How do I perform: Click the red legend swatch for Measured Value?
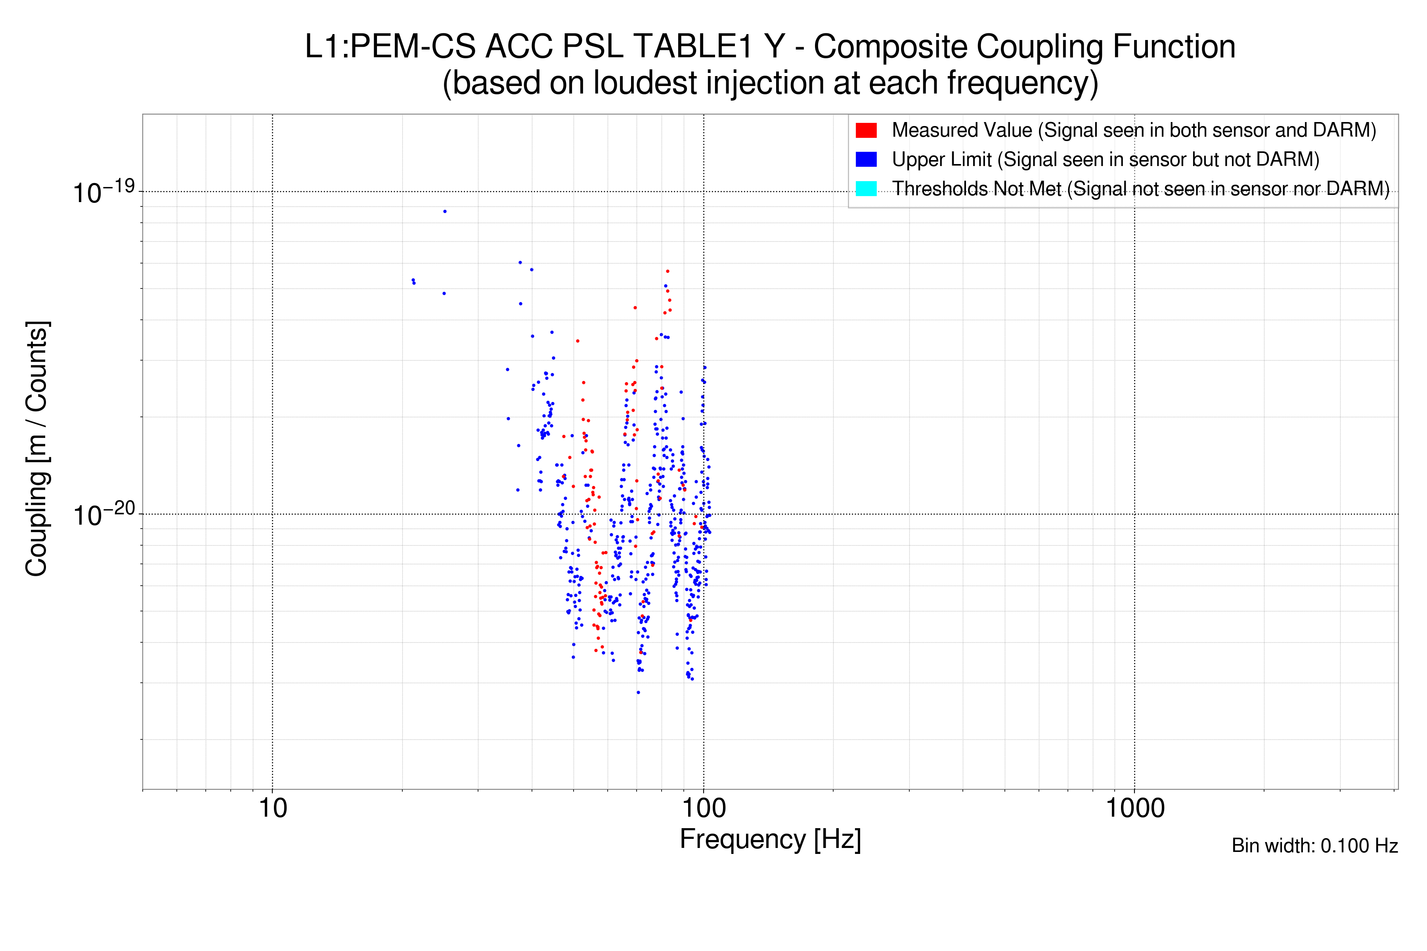[x=866, y=130]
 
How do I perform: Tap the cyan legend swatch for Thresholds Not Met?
[x=866, y=189]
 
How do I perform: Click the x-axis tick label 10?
[x=272, y=808]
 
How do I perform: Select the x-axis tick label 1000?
[x=1134, y=808]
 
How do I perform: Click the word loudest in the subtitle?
[x=645, y=83]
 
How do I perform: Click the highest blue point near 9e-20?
[x=445, y=212]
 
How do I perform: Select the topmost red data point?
[x=668, y=271]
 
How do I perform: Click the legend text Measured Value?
[x=962, y=130]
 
